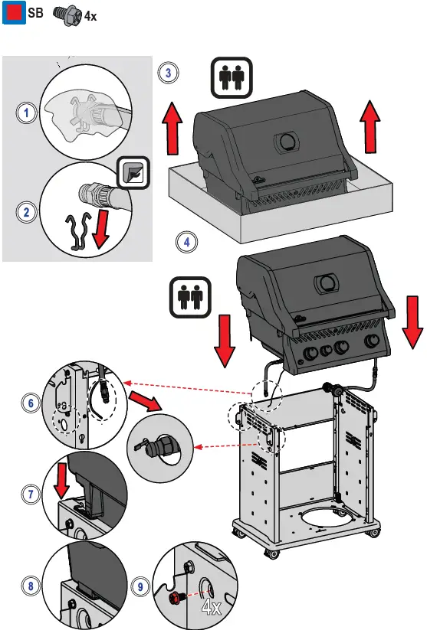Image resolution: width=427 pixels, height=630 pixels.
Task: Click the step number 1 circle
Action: (27, 112)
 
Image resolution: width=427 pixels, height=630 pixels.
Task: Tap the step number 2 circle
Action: (27, 212)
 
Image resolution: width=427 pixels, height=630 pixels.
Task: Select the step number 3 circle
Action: (168, 73)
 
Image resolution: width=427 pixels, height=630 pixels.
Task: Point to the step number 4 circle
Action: (187, 242)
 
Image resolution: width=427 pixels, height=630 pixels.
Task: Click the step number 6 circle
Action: (31, 403)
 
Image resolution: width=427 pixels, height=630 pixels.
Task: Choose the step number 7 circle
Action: (31, 494)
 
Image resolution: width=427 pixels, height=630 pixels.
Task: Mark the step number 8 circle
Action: (31, 586)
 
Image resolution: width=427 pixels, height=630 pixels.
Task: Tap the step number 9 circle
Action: (140, 586)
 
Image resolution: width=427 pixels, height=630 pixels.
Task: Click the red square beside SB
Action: (14, 12)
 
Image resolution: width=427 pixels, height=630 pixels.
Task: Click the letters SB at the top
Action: (35, 12)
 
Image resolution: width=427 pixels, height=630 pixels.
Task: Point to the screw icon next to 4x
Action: (67, 15)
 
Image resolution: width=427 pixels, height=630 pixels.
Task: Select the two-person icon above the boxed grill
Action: (232, 78)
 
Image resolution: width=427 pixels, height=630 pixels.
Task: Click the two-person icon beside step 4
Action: (190, 297)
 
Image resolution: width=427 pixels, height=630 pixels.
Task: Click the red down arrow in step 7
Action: (61, 480)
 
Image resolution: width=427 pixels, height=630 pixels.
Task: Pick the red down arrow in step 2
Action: (101, 229)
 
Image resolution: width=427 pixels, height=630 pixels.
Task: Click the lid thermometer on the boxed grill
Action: (287, 142)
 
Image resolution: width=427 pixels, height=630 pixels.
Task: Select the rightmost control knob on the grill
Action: (372, 341)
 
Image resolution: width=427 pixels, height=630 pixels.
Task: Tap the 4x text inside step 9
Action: (211, 607)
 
